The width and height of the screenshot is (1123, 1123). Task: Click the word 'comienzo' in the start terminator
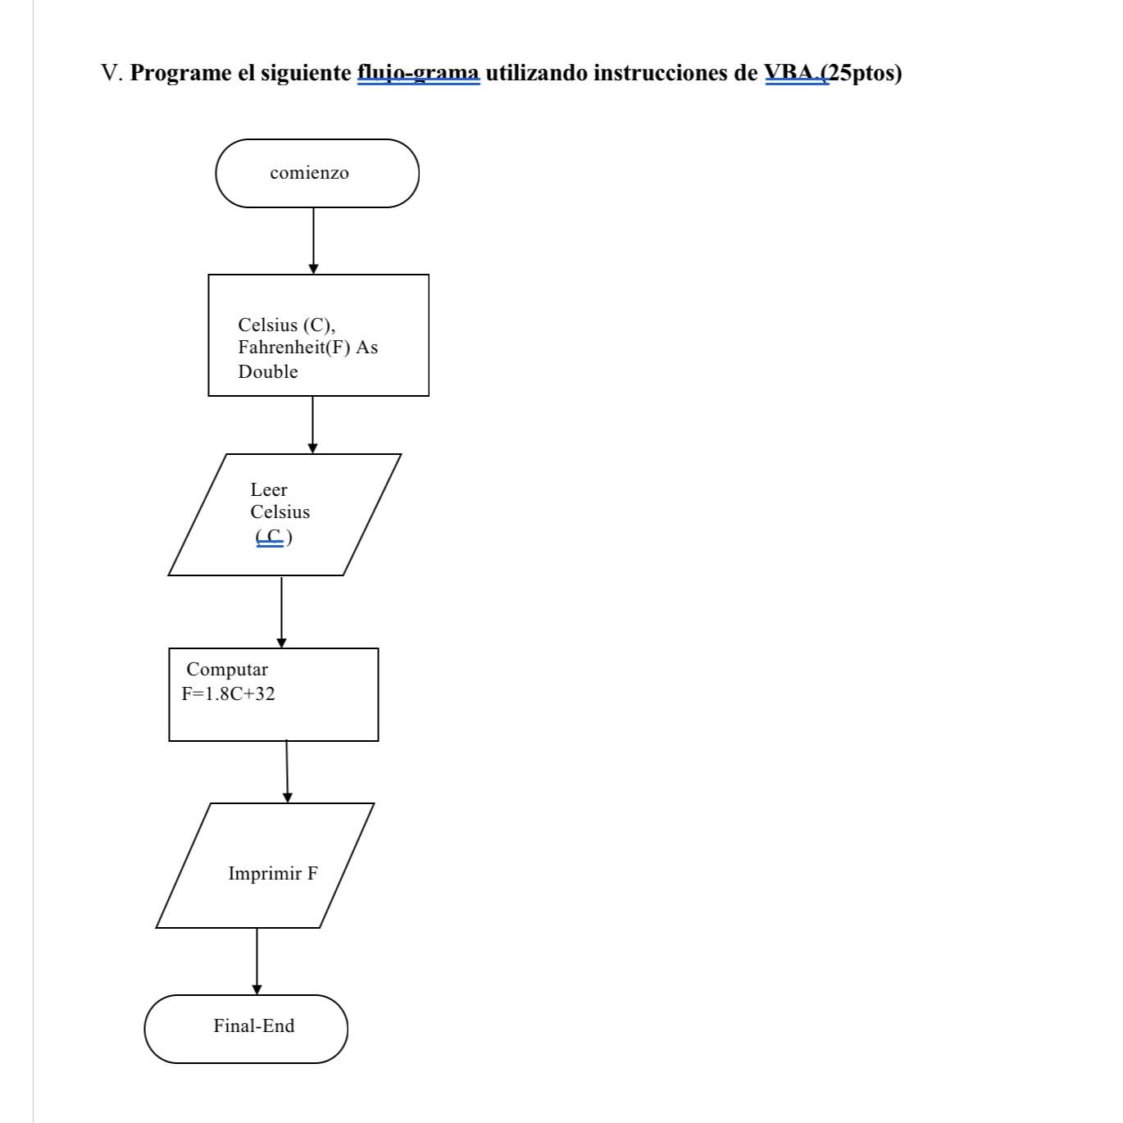coord(309,173)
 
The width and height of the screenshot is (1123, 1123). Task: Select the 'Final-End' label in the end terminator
coord(253,1026)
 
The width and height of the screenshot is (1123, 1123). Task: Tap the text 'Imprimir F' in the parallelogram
coord(272,874)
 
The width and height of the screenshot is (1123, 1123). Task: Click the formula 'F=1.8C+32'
coord(228,694)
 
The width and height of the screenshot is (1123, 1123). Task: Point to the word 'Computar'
coord(227,670)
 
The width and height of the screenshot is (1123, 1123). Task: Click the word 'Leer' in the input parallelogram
coord(269,490)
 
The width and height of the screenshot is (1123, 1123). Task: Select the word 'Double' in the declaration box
coord(267,372)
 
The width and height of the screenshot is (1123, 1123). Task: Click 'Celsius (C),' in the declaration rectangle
coord(286,325)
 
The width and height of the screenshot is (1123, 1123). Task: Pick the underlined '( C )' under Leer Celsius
coord(274,538)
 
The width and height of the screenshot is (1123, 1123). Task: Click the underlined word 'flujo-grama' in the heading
coord(418,74)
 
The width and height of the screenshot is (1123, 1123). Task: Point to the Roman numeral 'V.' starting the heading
coord(112,74)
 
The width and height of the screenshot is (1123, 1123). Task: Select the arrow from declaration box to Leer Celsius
coord(312,425)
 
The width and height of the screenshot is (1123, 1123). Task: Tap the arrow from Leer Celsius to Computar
coord(281,612)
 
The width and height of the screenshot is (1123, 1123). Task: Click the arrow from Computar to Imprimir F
coord(287,771)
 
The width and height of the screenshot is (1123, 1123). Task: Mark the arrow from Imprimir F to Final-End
coord(257,961)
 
